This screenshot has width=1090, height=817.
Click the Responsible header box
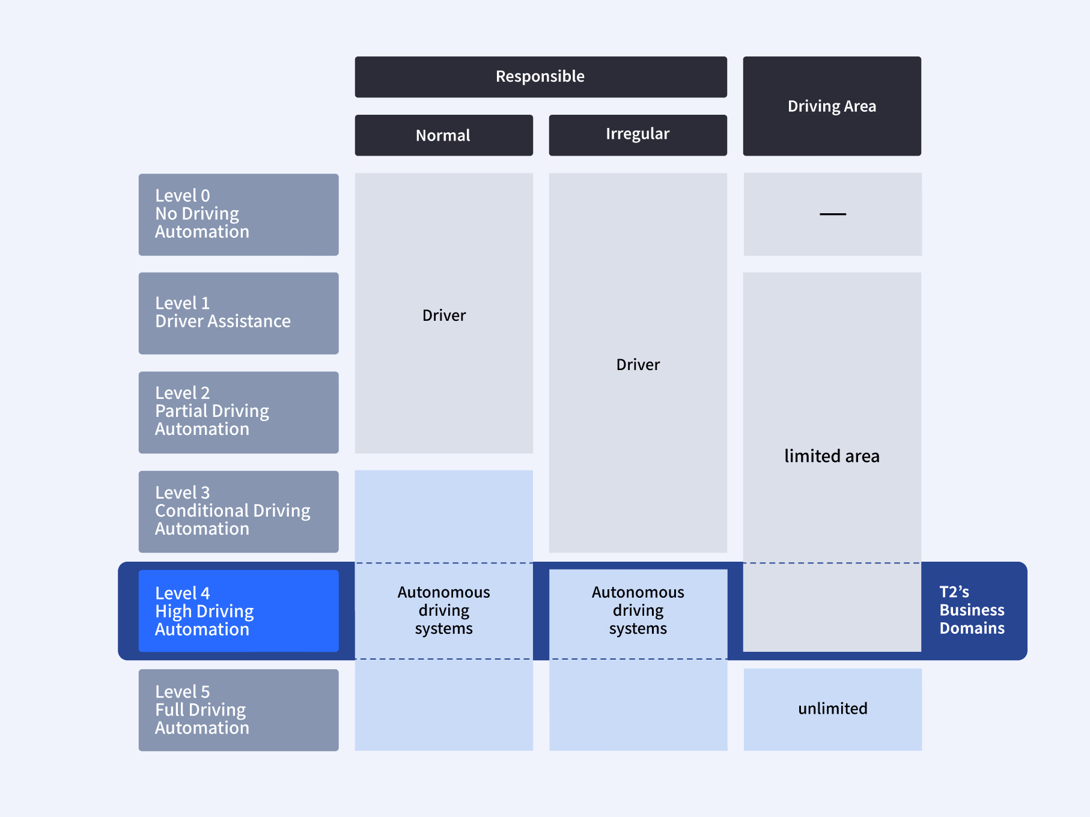[540, 77]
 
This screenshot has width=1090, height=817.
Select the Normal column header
[443, 135]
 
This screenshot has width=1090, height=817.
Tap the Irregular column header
[638, 135]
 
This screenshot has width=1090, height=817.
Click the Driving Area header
[832, 106]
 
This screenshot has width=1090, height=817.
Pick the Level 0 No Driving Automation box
[239, 214]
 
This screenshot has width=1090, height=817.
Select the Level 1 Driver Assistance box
[239, 313]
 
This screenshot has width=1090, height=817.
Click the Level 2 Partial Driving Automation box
[239, 412]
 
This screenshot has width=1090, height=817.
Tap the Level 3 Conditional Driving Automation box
[239, 511]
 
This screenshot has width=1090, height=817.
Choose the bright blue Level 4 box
[239, 610]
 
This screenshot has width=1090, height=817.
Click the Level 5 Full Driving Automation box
[239, 709]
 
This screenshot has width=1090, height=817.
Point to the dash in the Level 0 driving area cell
[832, 214]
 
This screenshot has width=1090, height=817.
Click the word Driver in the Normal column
[443, 315]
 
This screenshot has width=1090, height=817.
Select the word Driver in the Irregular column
[638, 365]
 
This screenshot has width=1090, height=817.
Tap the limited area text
[832, 456]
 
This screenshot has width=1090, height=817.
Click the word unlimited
[832, 709]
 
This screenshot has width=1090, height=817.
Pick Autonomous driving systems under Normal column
[443, 610]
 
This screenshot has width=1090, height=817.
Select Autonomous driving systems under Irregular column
[638, 610]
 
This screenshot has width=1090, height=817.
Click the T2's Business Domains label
[972, 610]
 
